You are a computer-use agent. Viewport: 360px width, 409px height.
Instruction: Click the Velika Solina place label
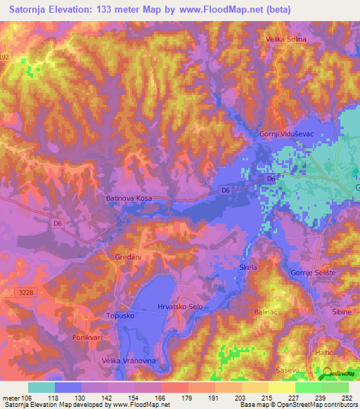pyautogui.click(x=285, y=39)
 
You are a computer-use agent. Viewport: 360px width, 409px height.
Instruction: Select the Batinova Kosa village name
pyautogui.click(x=129, y=199)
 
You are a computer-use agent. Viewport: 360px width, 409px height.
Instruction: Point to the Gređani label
pyautogui.click(x=129, y=257)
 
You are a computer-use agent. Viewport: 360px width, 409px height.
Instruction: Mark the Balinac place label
pyautogui.click(x=266, y=310)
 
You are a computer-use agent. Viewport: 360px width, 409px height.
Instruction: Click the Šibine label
pyautogui.click(x=341, y=309)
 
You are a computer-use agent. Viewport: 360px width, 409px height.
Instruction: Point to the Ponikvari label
pyautogui.click(x=88, y=338)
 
